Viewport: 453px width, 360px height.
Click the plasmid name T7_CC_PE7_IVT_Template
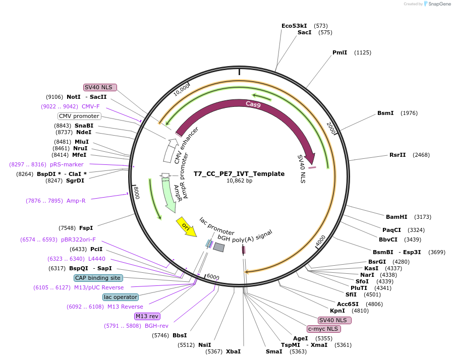(x=239, y=173)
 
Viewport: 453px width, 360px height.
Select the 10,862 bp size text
(x=239, y=181)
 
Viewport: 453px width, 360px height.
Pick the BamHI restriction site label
(x=396, y=217)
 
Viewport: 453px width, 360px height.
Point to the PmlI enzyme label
(x=339, y=52)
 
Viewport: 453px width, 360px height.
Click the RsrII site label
(x=398, y=155)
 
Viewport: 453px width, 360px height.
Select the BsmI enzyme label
(x=385, y=113)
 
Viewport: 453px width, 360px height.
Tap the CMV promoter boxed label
(x=79, y=116)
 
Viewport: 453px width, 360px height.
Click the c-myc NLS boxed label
(x=324, y=329)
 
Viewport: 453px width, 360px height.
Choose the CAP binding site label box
(x=98, y=278)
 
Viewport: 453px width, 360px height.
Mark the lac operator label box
(x=120, y=297)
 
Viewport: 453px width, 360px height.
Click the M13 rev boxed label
(x=147, y=316)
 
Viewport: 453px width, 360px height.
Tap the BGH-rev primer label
(x=156, y=326)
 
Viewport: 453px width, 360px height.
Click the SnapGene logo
(x=438, y=4)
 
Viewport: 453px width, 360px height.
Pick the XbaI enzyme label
(x=233, y=351)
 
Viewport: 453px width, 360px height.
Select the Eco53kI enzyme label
(x=294, y=25)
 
